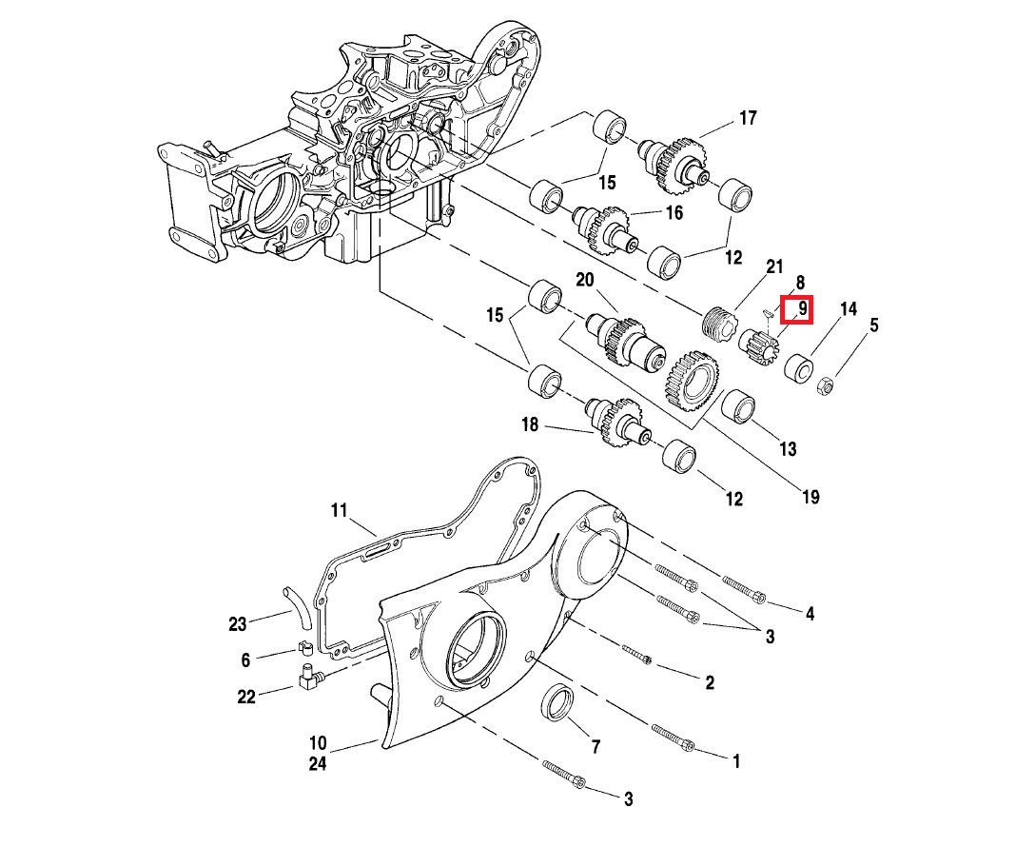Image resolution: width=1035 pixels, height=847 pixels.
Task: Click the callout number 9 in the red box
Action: point(802,308)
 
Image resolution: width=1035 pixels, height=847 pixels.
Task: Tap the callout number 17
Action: point(747,118)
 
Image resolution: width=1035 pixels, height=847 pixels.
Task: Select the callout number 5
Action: point(873,325)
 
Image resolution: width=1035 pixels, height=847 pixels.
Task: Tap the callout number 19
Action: point(810,496)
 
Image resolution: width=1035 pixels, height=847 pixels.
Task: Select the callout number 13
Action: point(788,449)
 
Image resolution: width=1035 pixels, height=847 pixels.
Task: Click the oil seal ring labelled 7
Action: point(557,702)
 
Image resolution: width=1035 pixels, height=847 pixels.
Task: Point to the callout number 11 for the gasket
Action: point(340,511)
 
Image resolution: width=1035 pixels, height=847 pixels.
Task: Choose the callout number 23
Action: point(237,624)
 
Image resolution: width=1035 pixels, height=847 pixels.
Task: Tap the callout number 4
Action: point(810,614)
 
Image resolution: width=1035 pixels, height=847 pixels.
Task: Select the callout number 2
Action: point(710,682)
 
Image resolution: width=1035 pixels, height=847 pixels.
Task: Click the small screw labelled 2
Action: point(637,655)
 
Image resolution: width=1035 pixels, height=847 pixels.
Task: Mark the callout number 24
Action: point(317,763)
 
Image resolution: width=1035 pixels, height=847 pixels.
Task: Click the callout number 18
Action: point(530,424)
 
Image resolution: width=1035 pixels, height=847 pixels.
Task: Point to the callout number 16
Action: point(674,212)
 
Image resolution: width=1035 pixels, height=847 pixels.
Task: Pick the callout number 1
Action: point(735,761)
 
